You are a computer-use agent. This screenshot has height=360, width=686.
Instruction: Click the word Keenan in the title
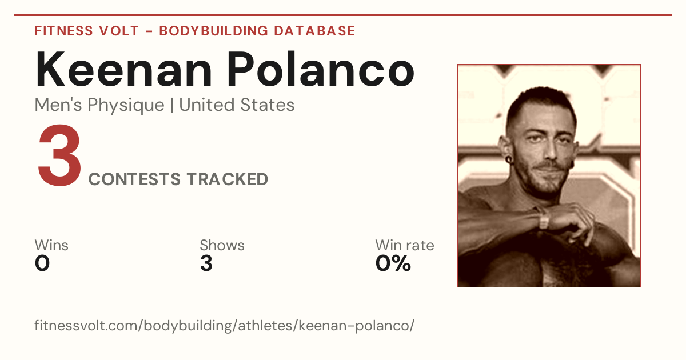123,69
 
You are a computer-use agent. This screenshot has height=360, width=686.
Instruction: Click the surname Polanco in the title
320,69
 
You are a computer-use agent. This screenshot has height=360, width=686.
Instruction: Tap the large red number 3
59,155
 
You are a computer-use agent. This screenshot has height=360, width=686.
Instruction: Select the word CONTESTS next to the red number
134,179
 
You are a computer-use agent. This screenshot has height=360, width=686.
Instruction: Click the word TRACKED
228,179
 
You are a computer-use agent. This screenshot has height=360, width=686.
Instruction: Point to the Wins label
51,245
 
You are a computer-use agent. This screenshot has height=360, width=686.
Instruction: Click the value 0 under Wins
42,263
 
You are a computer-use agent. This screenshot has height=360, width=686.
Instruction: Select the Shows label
222,245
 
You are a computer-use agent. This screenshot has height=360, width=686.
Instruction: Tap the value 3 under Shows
206,263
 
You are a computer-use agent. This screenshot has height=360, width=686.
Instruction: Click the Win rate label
405,245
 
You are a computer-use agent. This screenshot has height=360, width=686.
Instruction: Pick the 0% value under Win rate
393,263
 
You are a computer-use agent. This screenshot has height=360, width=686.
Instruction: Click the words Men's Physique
99,105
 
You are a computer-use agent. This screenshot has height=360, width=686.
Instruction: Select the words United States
237,105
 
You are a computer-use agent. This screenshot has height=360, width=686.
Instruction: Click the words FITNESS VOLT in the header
87,31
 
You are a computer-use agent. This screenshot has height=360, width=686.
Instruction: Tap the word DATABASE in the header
314,31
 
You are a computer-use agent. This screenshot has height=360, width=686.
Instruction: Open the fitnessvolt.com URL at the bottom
225,325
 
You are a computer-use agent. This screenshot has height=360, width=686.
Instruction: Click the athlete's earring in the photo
509,159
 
